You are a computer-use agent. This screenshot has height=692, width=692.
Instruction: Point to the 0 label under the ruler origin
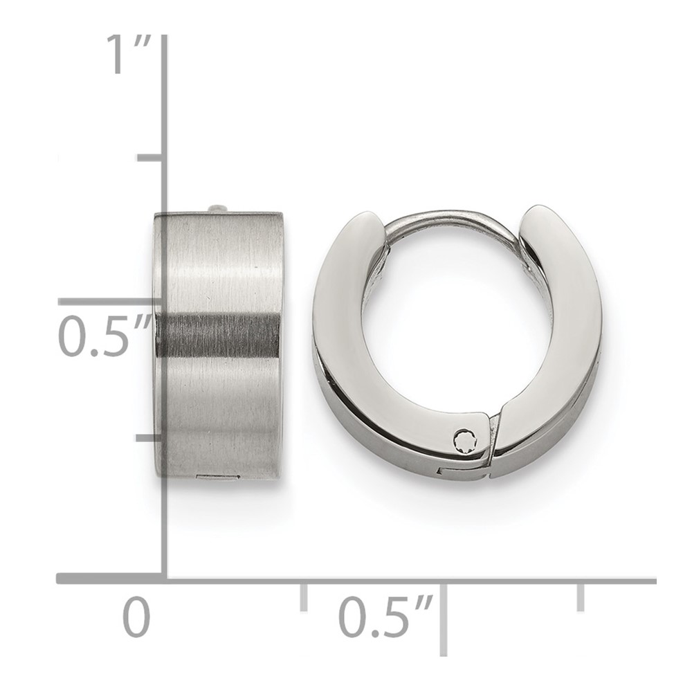136,617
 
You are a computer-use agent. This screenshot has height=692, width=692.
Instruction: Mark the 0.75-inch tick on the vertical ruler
151,158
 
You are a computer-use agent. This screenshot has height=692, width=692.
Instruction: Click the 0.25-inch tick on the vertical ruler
151,438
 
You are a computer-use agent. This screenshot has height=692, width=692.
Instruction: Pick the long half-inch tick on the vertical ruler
111,302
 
